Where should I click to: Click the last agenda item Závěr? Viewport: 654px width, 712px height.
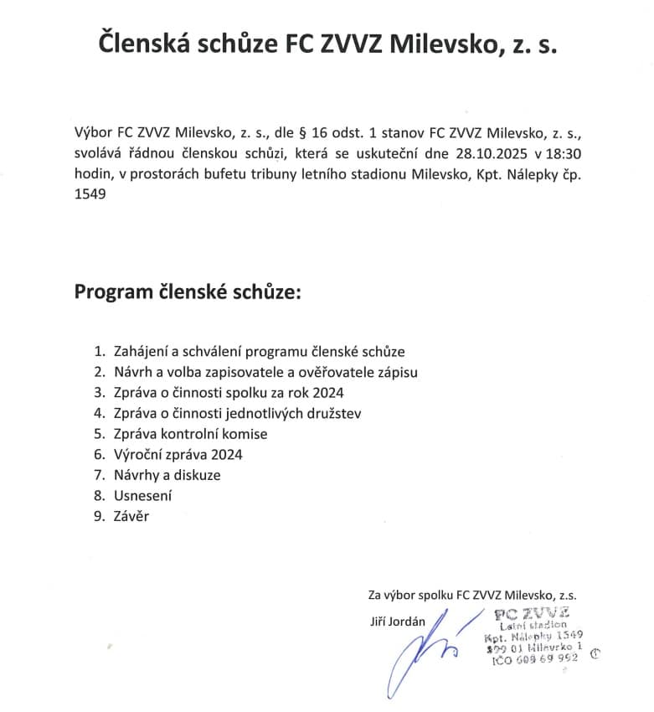(131, 516)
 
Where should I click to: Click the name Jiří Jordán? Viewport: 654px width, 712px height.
(398, 621)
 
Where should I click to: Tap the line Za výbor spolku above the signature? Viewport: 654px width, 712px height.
(472, 595)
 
